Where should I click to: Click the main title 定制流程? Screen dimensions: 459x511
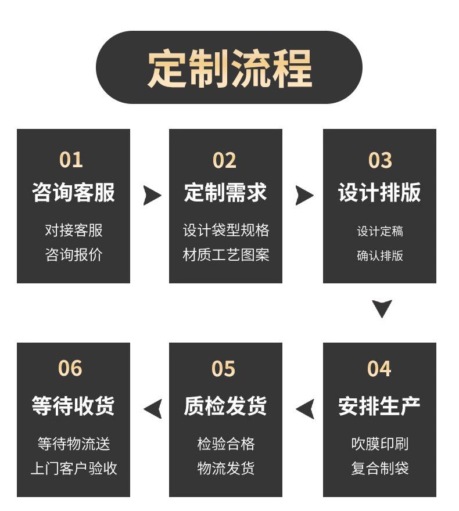pyautogui.click(x=230, y=68)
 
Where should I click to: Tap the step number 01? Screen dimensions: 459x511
pyautogui.click(x=71, y=160)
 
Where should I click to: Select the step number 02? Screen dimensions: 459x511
pyautogui.click(x=224, y=160)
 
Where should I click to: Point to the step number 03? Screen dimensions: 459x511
pyautogui.click(x=380, y=160)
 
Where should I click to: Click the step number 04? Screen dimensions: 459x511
pyautogui.click(x=379, y=369)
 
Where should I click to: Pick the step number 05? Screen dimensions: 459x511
pyautogui.click(x=223, y=369)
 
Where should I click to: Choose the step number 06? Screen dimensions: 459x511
pyautogui.click(x=70, y=368)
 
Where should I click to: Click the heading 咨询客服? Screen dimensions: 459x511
pyautogui.click(x=73, y=192)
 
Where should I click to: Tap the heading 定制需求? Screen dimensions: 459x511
pyautogui.click(x=225, y=192)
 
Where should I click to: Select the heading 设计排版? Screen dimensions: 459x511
pyautogui.click(x=379, y=192)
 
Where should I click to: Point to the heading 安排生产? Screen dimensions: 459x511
pyautogui.click(x=379, y=406)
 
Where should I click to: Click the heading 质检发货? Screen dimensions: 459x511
pyautogui.click(x=225, y=406)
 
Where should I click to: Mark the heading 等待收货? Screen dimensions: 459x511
pyautogui.click(x=73, y=406)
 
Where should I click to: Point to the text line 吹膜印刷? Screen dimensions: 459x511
pyautogui.click(x=380, y=444)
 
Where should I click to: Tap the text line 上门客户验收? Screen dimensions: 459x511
pyautogui.click(x=74, y=468)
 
